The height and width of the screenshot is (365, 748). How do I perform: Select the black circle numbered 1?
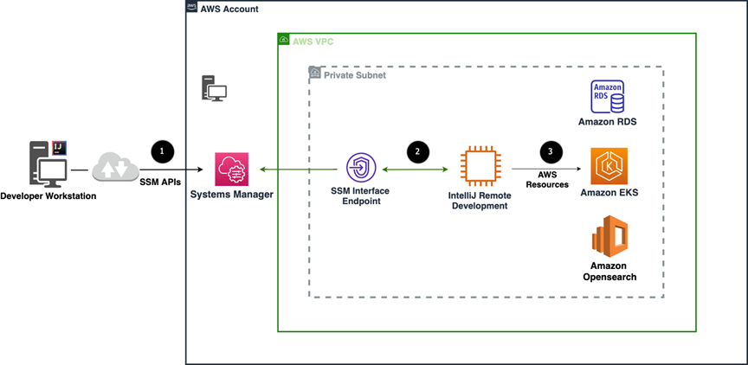163,150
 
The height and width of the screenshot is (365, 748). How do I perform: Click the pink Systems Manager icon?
232,168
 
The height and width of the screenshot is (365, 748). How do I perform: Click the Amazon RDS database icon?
607,97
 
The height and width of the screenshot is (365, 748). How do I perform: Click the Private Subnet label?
355,75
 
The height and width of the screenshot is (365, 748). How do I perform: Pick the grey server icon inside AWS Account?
214,88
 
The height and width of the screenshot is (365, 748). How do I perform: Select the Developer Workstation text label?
48,197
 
